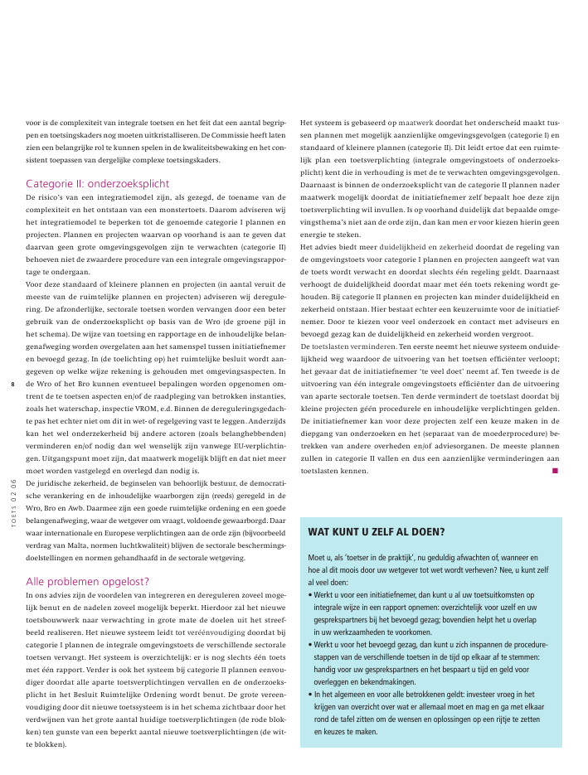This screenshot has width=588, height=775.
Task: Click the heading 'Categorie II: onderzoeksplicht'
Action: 98,183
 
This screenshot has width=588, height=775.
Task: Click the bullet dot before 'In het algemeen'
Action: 309,694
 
